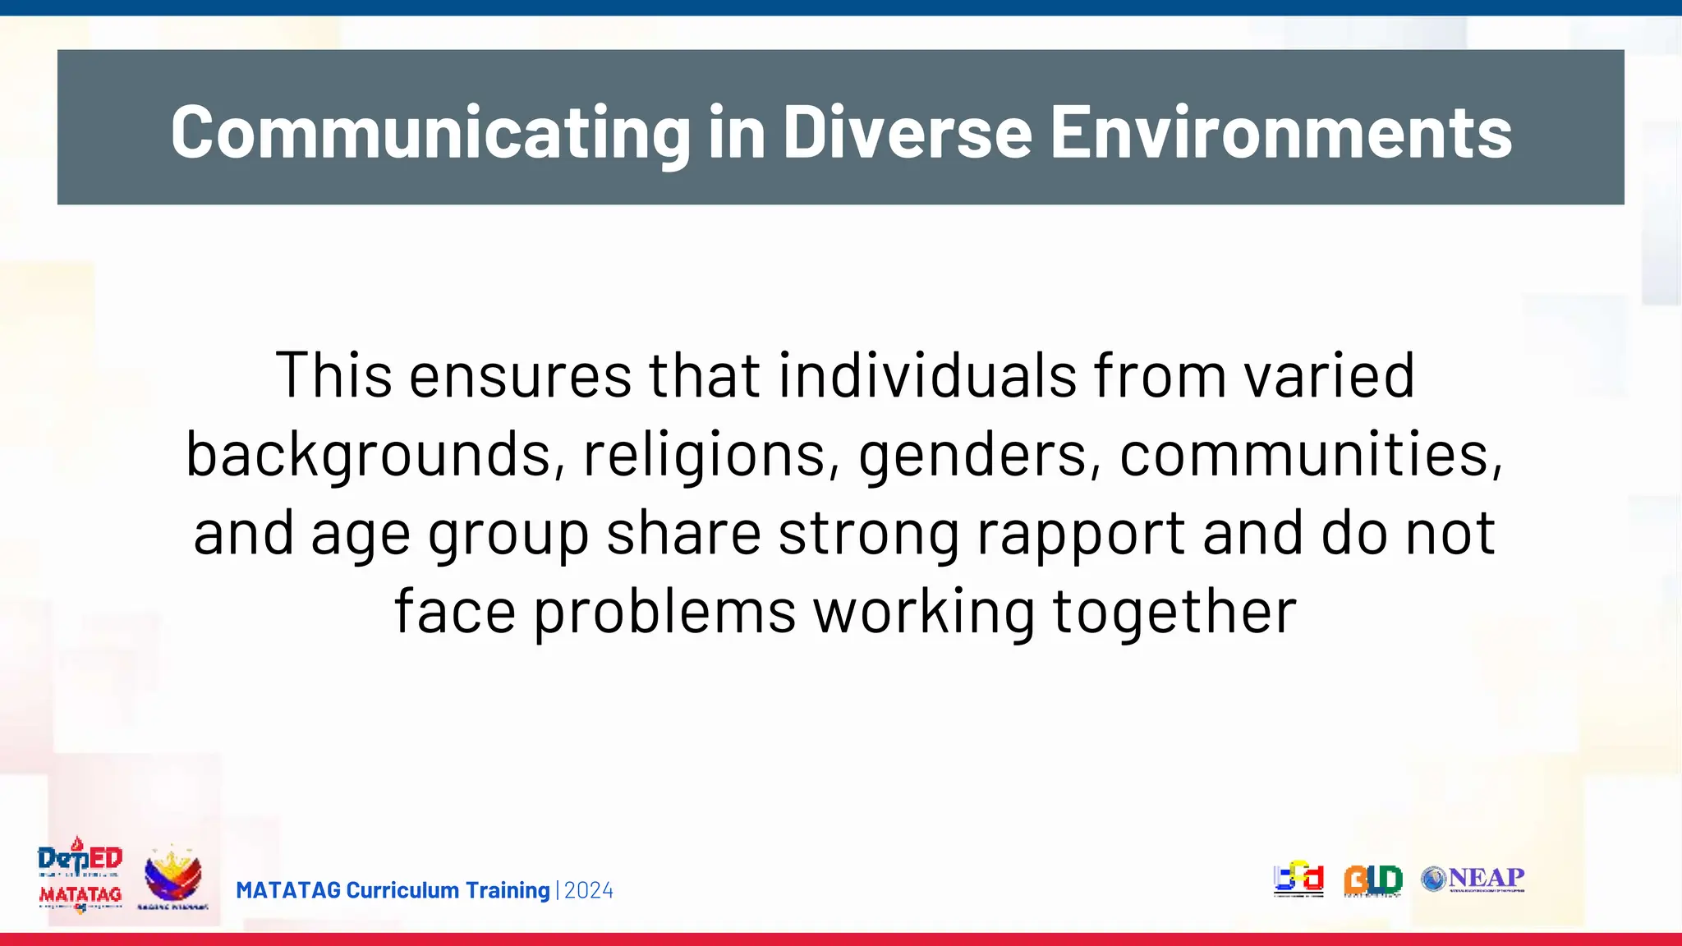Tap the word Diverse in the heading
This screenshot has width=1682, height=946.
click(907, 132)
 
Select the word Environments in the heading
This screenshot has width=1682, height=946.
click(1281, 132)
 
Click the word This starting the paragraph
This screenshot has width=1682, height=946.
click(333, 375)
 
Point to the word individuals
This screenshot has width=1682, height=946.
click(927, 375)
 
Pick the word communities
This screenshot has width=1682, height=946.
click(1311, 453)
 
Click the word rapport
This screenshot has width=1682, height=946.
click(1081, 532)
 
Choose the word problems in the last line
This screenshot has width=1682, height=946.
click(664, 611)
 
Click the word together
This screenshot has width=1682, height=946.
click(1174, 611)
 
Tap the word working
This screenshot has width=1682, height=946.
click(924, 611)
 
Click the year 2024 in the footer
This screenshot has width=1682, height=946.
click(589, 891)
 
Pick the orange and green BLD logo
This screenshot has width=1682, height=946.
click(1372, 880)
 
